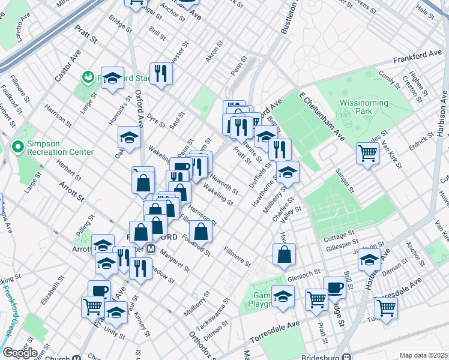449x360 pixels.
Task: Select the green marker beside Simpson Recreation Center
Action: (x=17, y=146)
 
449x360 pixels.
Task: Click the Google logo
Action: (x=20, y=353)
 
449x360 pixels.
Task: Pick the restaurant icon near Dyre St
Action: (x=160, y=73)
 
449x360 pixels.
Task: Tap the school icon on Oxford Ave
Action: (x=128, y=137)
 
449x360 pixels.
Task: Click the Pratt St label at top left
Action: (x=86, y=40)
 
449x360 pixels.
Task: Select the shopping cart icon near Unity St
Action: (x=92, y=306)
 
